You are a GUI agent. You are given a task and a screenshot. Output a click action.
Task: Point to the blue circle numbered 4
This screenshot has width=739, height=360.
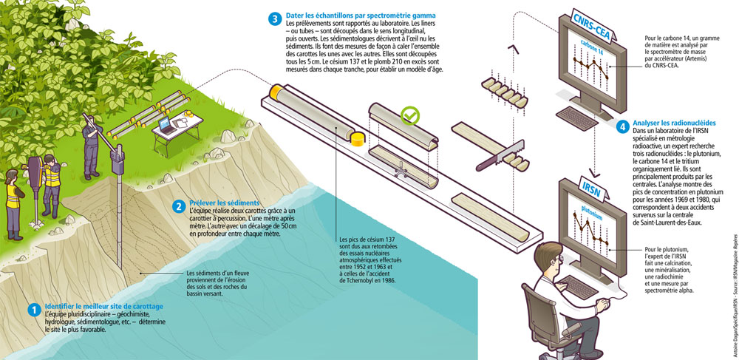point(623,127)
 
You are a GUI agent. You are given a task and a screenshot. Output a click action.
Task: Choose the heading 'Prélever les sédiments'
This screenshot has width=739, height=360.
point(225,203)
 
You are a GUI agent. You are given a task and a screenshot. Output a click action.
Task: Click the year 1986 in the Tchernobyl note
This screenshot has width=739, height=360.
point(385,281)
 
